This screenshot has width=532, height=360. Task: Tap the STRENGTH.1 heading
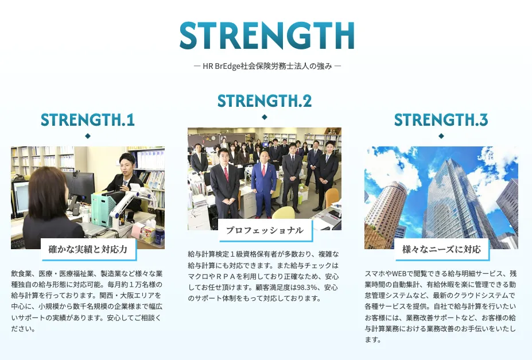(87, 120)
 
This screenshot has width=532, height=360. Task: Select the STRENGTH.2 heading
(265, 101)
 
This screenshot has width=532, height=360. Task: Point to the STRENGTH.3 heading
(441, 120)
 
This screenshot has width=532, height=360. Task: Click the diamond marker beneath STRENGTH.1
(88, 136)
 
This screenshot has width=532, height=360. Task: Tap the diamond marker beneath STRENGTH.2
(265, 117)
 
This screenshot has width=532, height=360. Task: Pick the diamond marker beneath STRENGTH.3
(441, 136)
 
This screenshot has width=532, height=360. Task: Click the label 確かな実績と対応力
(88, 250)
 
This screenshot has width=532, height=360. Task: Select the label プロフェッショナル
(265, 230)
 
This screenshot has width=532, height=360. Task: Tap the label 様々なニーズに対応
(441, 250)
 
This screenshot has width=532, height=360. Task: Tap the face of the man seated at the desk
(126, 165)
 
